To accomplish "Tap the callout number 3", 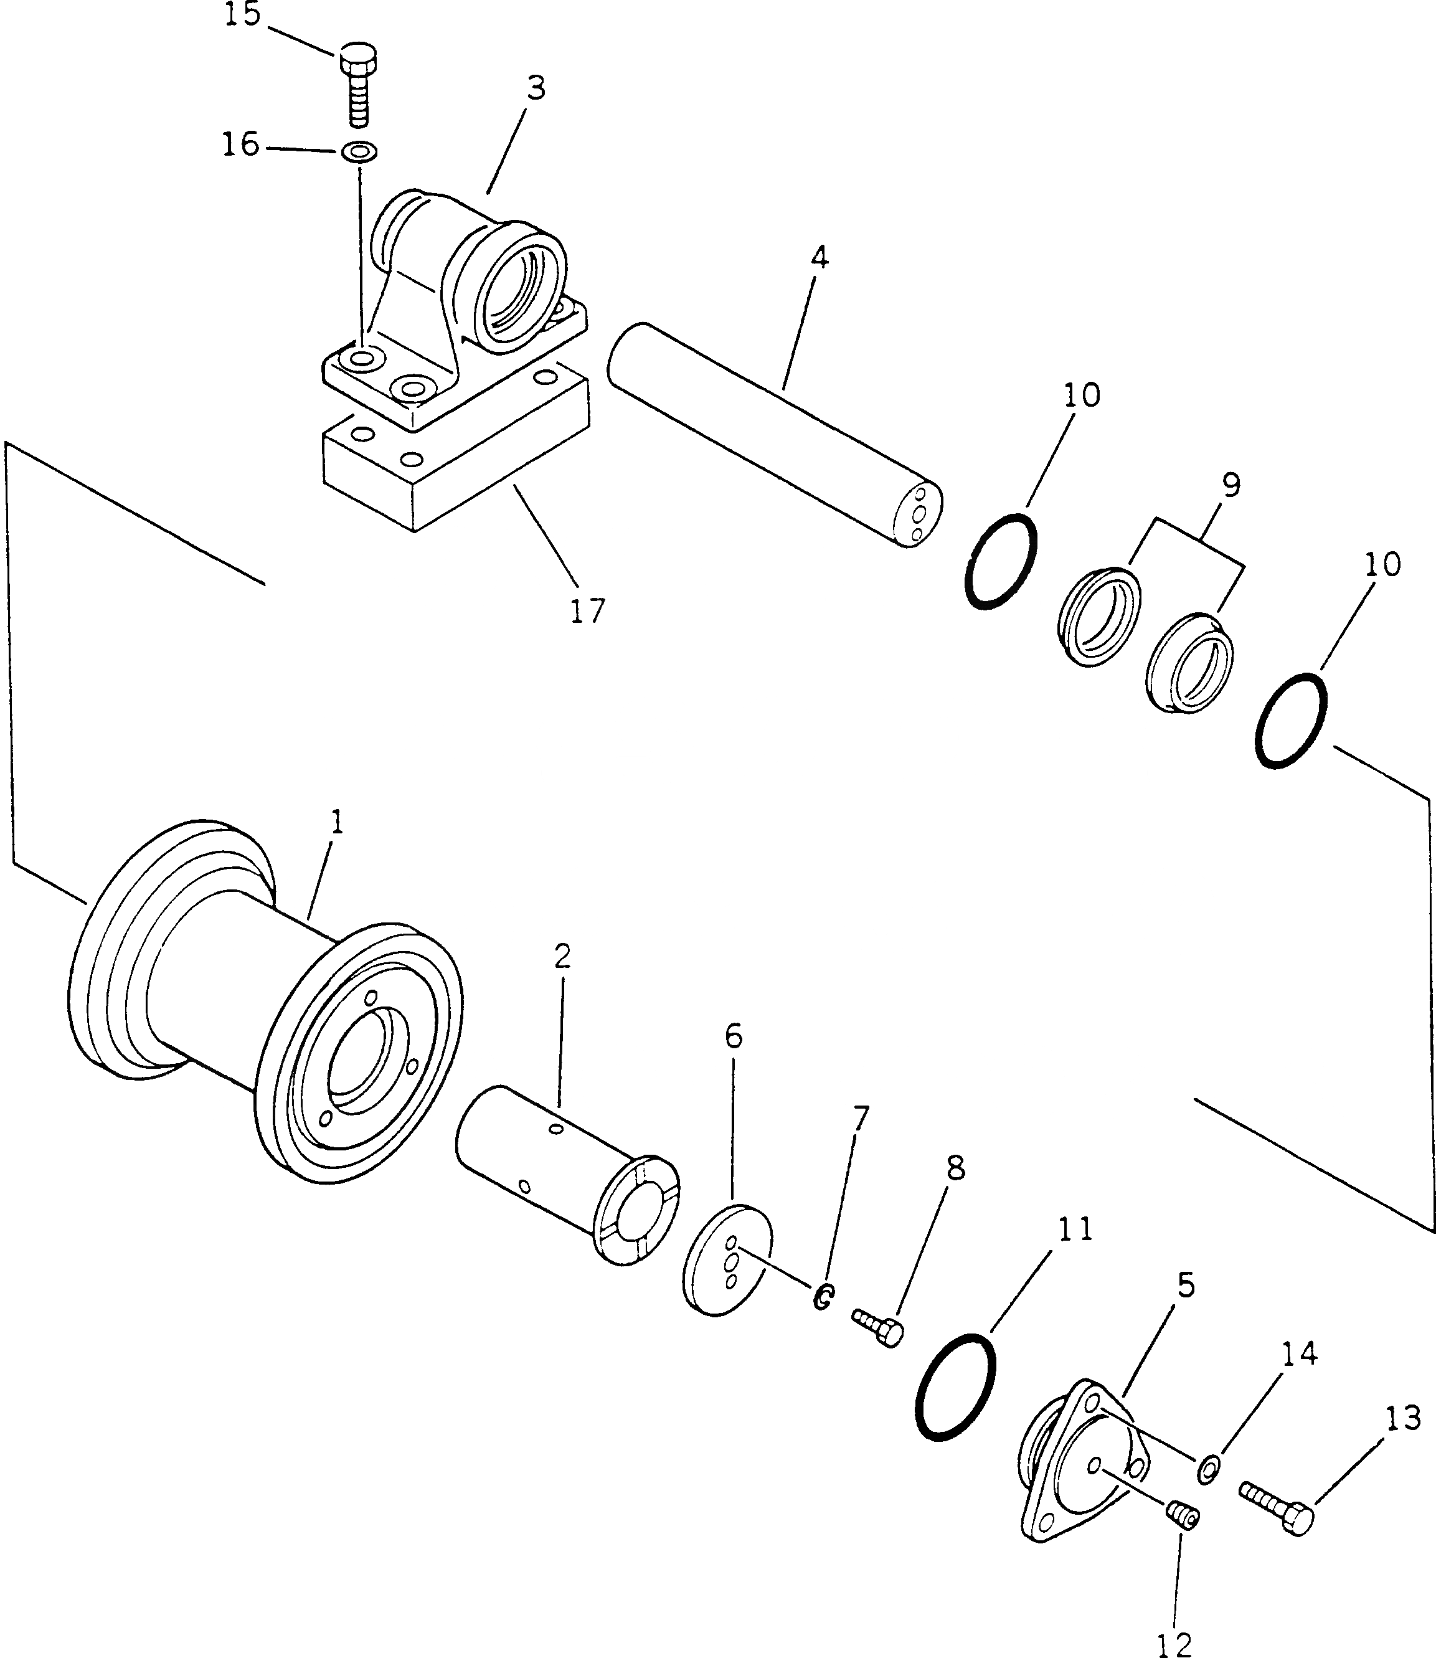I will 536,89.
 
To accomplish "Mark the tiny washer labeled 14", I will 1209,1467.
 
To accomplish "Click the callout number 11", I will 1075,1229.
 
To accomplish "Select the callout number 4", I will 819,258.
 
